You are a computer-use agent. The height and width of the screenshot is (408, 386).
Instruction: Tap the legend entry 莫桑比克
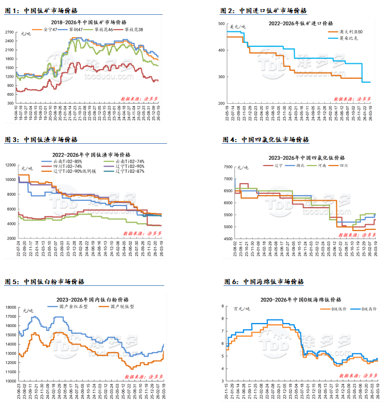coord(350,38)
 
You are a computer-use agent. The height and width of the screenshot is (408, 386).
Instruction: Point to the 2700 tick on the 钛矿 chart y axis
coord(10,33)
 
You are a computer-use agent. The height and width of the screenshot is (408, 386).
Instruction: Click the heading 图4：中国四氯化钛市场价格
coord(266,139)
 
